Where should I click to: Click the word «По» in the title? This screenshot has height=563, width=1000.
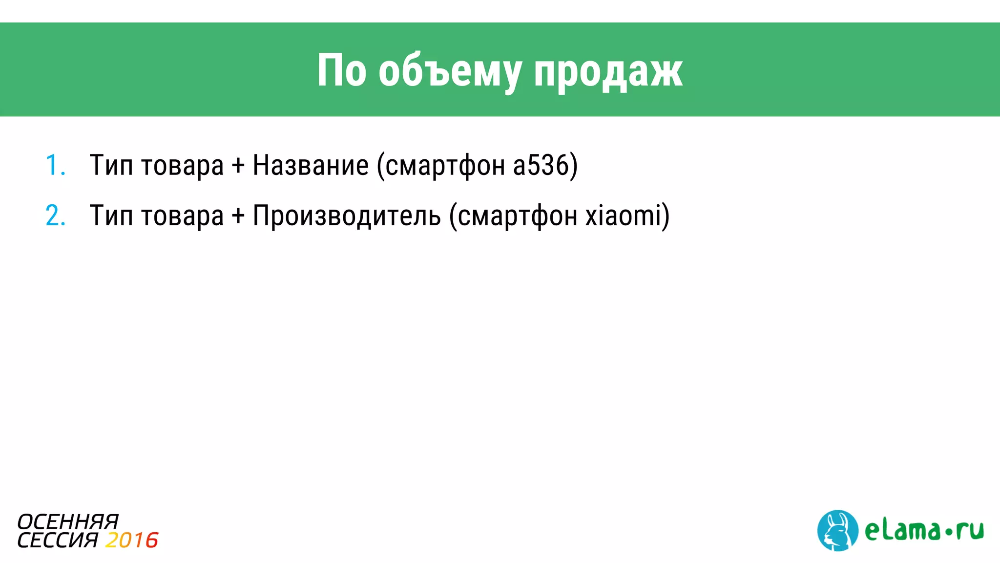tap(341, 71)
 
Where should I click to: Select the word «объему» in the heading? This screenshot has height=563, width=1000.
tap(449, 72)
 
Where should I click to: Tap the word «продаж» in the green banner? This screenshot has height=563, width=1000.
tap(608, 72)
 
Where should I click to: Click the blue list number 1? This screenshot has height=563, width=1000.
tap(54, 165)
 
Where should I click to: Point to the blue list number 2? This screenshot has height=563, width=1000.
tap(55, 216)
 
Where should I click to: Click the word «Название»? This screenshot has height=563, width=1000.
tap(311, 165)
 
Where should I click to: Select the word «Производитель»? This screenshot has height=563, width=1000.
tap(347, 216)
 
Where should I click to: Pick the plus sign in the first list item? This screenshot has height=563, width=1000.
tap(238, 165)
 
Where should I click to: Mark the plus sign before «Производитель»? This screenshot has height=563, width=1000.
tap(238, 216)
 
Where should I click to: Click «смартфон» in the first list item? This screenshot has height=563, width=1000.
tap(445, 165)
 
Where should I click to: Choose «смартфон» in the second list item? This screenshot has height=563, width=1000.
tap(517, 216)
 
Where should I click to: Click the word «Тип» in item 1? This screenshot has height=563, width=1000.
tap(111, 165)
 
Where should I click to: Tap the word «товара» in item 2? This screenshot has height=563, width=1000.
tap(182, 216)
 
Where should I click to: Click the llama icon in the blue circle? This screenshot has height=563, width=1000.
tap(837, 531)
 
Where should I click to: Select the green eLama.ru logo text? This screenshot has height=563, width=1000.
tap(924, 531)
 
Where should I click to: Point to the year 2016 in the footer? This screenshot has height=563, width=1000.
tap(131, 541)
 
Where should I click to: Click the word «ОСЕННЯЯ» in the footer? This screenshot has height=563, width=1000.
tap(68, 522)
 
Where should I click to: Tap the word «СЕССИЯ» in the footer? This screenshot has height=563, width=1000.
tap(58, 541)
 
